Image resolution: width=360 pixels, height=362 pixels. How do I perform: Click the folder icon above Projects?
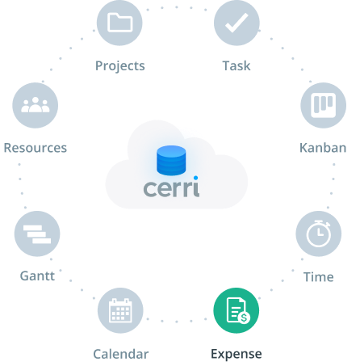tap(119, 23)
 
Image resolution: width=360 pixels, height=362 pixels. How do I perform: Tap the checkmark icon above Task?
tap(237, 23)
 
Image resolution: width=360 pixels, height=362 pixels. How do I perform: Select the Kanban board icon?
tap(324, 105)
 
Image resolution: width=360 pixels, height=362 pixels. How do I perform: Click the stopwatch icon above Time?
tap(319, 234)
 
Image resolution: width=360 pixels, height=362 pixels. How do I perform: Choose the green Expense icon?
tap(237, 310)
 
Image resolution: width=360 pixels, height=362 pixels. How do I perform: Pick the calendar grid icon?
tap(120, 310)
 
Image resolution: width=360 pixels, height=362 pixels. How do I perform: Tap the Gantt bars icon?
tap(37, 234)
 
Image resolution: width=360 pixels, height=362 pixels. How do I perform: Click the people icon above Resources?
tap(36, 105)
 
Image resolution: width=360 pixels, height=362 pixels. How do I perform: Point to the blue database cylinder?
tap(171, 160)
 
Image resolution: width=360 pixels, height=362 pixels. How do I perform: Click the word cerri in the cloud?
tap(171, 188)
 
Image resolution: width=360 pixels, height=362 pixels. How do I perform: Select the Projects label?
tap(120, 66)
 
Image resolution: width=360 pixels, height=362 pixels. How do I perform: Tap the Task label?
tap(237, 65)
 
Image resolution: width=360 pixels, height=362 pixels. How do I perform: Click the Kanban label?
tap(323, 148)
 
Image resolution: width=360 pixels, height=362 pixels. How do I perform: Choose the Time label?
tap(319, 277)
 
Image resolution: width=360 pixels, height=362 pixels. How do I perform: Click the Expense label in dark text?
tap(237, 354)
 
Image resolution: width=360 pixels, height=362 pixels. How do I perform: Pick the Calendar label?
tap(121, 354)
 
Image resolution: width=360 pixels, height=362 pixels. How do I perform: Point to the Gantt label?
tap(37, 276)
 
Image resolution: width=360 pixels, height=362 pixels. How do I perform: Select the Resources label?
tap(36, 148)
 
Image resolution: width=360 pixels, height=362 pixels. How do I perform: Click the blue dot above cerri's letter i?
tap(196, 178)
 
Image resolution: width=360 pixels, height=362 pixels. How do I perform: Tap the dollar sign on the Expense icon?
tap(244, 318)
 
